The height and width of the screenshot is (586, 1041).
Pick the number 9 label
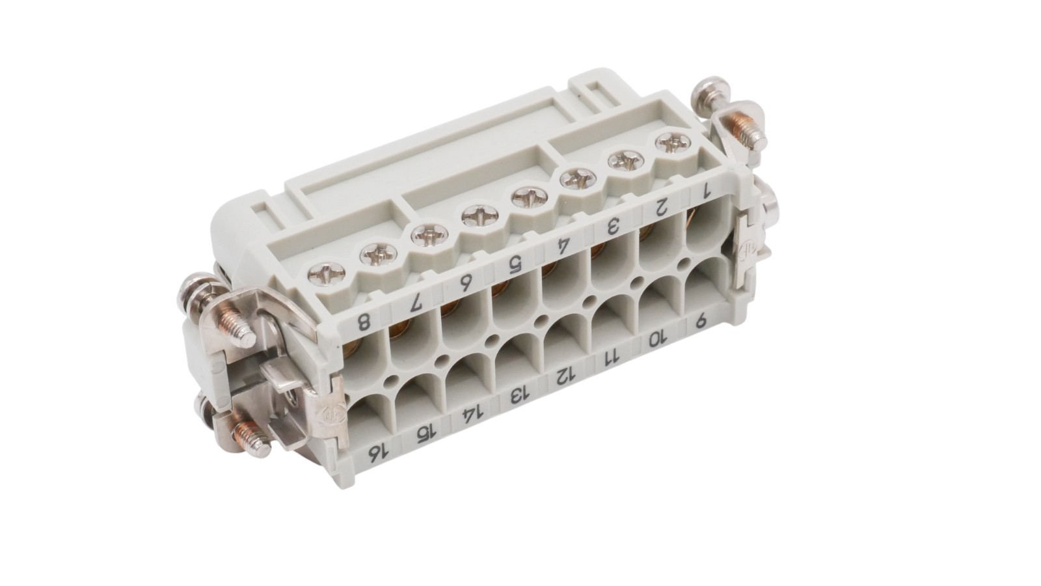pyautogui.click(x=701, y=320)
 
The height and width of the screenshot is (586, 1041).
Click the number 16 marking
pyautogui.click(x=378, y=453)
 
